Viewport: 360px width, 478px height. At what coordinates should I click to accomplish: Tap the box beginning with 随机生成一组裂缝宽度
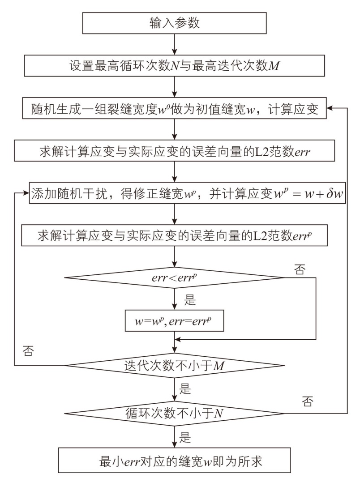tap(175, 109)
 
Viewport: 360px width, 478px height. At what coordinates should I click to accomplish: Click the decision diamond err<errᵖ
tap(175, 277)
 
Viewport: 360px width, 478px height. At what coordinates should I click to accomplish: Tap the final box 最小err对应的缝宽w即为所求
tap(175, 461)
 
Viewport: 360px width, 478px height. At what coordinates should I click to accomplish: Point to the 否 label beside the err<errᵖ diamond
tap(299, 269)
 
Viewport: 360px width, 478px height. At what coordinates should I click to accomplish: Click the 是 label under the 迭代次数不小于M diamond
tap(184, 388)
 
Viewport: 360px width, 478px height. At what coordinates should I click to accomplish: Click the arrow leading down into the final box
tap(175, 437)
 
